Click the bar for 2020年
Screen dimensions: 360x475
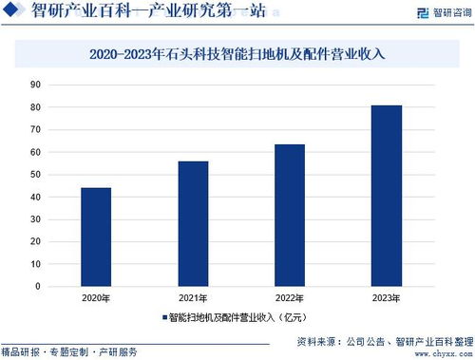tap(95, 237)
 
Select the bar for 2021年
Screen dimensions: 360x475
tap(192, 223)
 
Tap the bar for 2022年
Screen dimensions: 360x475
tap(289, 215)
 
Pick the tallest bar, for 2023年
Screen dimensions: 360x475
tap(386, 195)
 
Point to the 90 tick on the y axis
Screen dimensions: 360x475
tap(35, 85)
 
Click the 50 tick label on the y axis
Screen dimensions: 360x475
tap(35, 175)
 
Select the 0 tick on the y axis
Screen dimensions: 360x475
tap(38, 286)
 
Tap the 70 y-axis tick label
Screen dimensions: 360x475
tap(35, 129)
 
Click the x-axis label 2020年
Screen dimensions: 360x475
tap(95, 297)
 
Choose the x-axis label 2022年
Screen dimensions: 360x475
tap(289, 297)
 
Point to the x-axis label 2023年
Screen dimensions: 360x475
tap(386, 297)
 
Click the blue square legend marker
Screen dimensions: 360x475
tap(163, 316)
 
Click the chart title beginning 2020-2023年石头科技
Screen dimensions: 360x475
tap(237, 55)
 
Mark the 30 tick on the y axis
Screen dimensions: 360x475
tap(35, 219)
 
